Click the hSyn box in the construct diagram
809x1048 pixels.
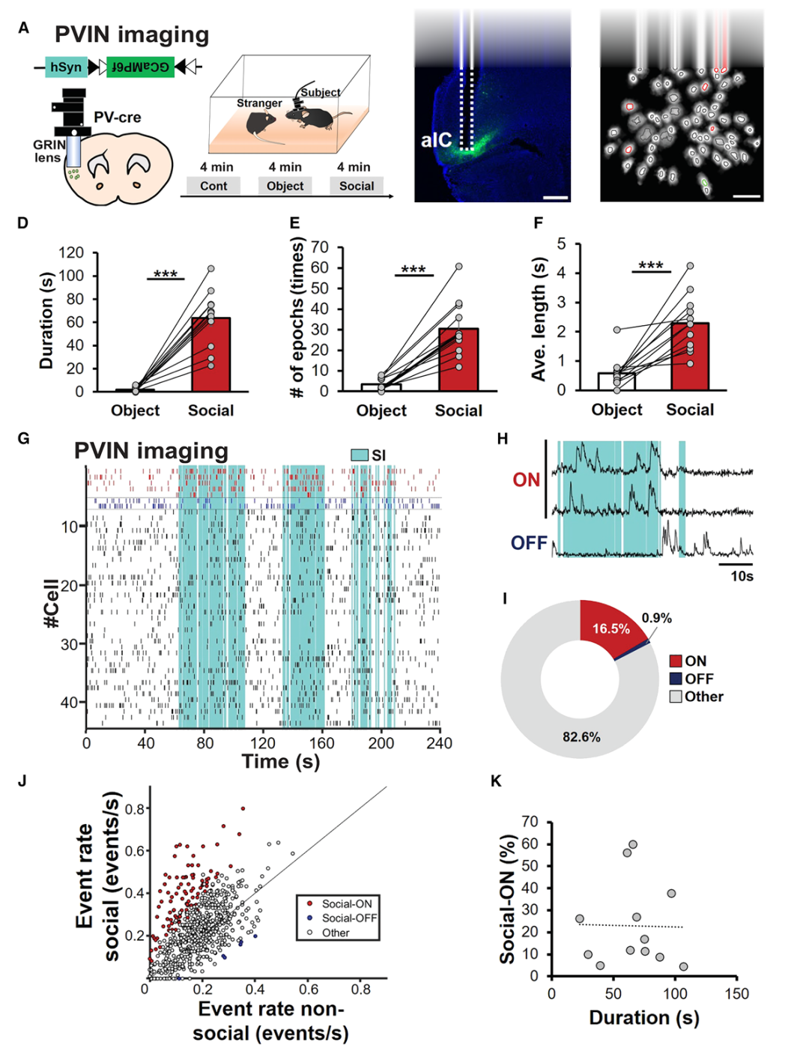66,67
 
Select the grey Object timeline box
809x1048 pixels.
285,186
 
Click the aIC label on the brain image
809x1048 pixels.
436,140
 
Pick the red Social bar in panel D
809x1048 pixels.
210,354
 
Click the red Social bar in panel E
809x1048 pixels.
458,360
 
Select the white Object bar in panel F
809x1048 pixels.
616,381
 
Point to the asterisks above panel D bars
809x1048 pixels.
166,275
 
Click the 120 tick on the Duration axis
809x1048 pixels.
71,253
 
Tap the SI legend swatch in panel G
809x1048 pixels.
360,455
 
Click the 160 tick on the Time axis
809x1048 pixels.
322,743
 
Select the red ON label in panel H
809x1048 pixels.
526,480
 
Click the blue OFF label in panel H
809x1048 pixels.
529,543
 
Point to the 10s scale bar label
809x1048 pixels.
742,576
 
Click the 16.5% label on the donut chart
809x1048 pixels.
610,629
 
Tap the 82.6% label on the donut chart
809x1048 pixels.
581,737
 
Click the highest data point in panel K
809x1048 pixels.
633,844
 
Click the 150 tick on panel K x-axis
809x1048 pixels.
736,993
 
